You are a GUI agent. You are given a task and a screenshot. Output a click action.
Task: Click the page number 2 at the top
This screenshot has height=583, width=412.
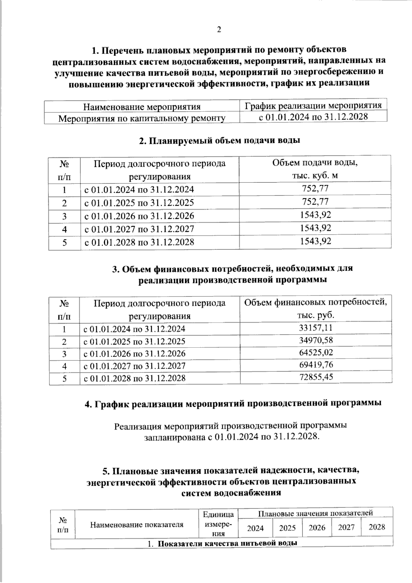point(219,30)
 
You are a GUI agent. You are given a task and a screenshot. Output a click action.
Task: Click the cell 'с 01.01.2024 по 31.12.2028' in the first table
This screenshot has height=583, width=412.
point(313,117)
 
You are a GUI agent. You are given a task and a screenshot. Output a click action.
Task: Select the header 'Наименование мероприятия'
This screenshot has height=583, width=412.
point(142,106)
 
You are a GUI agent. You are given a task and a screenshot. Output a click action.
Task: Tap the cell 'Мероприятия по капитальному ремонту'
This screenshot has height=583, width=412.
point(142,119)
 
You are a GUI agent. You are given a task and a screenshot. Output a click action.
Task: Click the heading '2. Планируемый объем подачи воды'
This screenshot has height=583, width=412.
point(220,141)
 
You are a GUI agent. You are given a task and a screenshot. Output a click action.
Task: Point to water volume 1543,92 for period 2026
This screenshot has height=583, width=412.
point(315,215)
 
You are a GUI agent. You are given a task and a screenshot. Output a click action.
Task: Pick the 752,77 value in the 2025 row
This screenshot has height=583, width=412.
point(315,202)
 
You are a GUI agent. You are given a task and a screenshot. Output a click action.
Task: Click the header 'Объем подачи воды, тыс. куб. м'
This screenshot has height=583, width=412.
point(315,169)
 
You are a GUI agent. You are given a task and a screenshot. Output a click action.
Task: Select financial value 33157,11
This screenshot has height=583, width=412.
point(316,328)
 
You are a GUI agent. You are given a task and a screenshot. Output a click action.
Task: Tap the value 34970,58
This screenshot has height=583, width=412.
point(316,341)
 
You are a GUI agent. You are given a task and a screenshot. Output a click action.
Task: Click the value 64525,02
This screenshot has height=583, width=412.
point(316,353)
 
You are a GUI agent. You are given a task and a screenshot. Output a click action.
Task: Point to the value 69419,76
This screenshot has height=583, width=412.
point(316,365)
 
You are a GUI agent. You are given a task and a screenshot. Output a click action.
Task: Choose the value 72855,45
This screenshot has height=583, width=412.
point(316,377)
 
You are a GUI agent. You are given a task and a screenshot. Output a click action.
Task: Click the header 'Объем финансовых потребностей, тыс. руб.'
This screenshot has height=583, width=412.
point(316,309)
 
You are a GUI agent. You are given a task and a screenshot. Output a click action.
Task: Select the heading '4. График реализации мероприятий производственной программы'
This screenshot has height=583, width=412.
point(233,403)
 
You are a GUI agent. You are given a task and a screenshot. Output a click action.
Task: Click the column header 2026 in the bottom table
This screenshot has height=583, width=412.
point(317,527)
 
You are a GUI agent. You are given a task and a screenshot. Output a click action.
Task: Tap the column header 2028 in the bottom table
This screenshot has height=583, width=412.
point(377,527)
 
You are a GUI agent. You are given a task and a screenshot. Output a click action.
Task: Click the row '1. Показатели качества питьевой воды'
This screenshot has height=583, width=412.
point(222,543)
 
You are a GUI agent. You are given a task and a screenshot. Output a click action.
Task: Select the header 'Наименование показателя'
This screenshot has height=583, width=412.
point(137,525)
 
